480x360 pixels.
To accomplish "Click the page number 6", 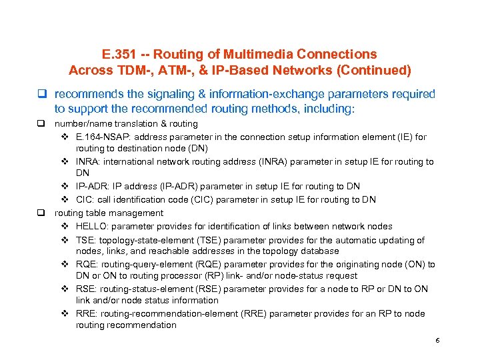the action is click(437, 341).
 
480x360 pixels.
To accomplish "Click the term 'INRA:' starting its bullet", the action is click(89, 162).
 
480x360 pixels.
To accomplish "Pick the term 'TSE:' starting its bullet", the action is click(87, 240).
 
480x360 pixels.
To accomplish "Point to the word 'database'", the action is click(320, 251).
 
